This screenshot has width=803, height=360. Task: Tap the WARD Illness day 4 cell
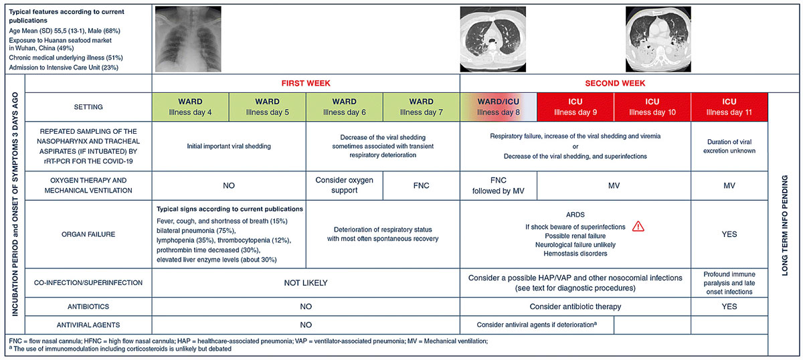pyautogui.click(x=191, y=107)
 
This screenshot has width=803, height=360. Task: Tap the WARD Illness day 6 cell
pyautogui.click(x=344, y=107)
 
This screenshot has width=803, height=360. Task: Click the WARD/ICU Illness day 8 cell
pyautogui.click(x=499, y=107)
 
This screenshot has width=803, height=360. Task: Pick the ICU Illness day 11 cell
pyautogui.click(x=729, y=107)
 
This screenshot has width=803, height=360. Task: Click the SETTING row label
pyautogui.click(x=88, y=107)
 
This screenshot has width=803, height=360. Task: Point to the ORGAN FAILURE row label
pyautogui.click(x=88, y=234)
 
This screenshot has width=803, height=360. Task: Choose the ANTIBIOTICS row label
pyautogui.click(x=88, y=306)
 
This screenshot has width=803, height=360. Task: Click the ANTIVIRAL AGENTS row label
pyautogui.click(x=88, y=325)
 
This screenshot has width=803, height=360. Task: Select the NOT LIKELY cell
pyautogui.click(x=306, y=283)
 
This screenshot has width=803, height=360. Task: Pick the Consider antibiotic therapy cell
pyautogui.click(x=575, y=306)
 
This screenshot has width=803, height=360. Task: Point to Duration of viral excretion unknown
pyautogui.click(x=729, y=147)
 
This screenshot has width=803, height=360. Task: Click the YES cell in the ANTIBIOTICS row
pyautogui.click(x=729, y=306)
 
